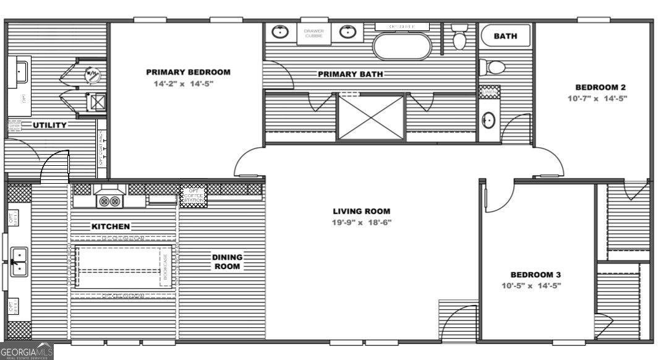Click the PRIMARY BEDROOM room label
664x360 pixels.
[188, 72]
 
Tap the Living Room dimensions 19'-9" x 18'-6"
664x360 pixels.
[362, 222]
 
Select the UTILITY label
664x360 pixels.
[49, 126]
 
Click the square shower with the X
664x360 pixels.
[371, 117]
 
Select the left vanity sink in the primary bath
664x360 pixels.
[281, 32]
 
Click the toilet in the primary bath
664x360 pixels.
[459, 38]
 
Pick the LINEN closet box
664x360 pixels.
[488, 92]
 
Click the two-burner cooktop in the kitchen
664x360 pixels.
[109, 200]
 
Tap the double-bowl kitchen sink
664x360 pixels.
[19, 261]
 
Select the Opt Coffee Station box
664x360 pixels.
[193, 196]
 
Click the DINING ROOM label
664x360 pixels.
[227, 262]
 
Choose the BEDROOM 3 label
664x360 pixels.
[535, 275]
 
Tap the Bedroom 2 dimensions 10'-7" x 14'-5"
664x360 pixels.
[597, 98]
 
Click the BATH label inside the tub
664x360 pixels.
[505, 36]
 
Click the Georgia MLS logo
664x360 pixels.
[27, 351]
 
